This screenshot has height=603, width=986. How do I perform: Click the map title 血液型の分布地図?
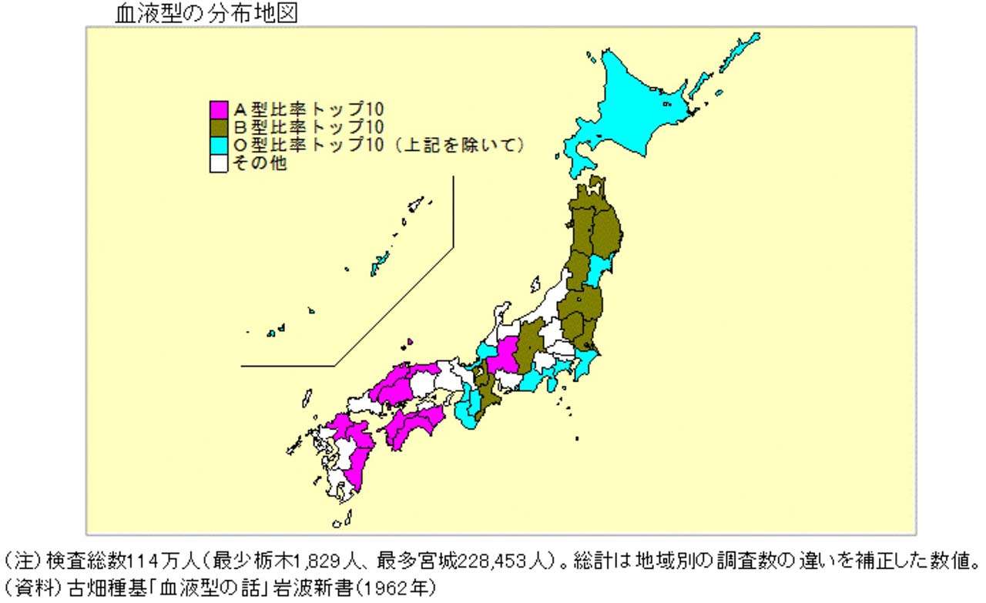pos(205,13)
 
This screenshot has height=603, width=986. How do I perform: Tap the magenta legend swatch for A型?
pos(219,109)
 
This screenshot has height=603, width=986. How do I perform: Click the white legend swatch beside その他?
pos(219,164)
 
